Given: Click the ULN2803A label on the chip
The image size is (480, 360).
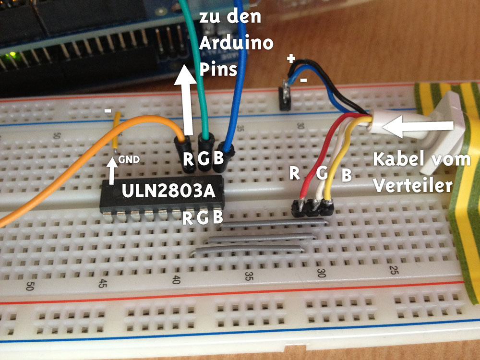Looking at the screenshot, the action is (168, 191).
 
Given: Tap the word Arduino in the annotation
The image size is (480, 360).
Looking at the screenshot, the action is (236, 43).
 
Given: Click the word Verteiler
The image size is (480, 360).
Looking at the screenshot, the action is (413, 185).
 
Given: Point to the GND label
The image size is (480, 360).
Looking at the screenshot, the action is (129, 159).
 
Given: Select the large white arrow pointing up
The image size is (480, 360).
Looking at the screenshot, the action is (185, 99).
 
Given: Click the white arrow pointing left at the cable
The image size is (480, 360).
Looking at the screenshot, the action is (418, 125).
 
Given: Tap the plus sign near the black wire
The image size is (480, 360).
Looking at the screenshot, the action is (291, 58).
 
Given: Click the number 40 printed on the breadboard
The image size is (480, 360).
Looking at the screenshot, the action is (176, 280).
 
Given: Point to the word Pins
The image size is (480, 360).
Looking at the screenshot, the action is (218, 70).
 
